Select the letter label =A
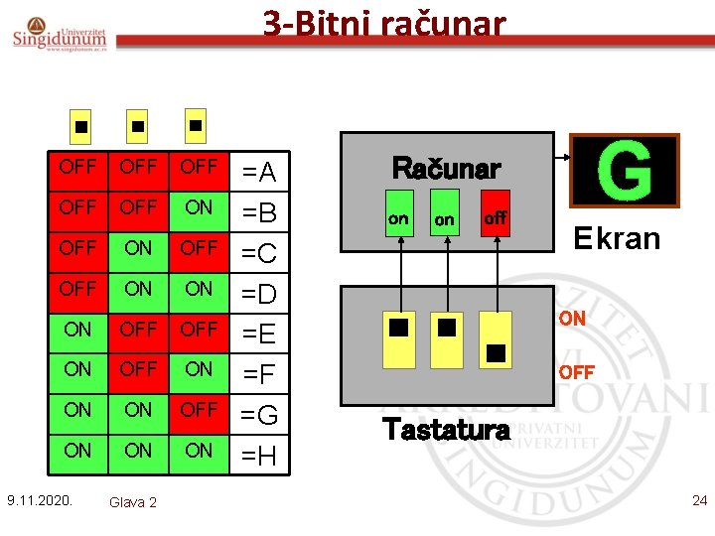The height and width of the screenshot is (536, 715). [259, 174]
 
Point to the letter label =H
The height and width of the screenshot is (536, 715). [259, 457]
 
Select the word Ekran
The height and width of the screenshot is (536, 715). [616, 238]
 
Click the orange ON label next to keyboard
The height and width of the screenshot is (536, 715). [571, 320]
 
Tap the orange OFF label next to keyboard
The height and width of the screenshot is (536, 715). [576, 372]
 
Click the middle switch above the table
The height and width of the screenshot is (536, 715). [137, 127]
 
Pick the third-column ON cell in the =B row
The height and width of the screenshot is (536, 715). [199, 207]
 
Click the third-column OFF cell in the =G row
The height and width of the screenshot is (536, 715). [199, 410]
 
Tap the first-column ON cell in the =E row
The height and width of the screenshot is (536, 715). [77, 329]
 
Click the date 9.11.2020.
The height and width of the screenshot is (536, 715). [39, 499]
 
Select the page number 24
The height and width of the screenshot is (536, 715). [699, 500]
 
